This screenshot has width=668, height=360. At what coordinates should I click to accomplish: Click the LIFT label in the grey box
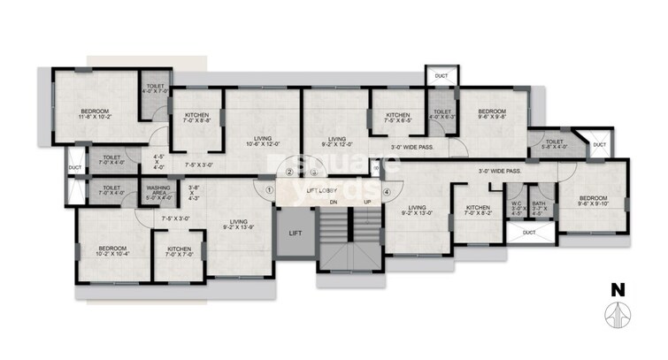296,234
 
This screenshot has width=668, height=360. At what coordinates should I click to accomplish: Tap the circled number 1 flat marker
269,187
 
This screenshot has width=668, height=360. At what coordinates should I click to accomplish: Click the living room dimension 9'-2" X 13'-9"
237,227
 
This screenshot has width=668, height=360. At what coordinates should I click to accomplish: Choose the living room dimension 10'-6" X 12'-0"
262,143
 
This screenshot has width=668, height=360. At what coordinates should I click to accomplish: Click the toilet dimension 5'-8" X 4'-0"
555,147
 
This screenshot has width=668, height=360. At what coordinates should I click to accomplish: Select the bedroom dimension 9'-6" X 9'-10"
592,203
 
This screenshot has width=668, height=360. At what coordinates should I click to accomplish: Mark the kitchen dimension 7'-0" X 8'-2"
478,213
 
